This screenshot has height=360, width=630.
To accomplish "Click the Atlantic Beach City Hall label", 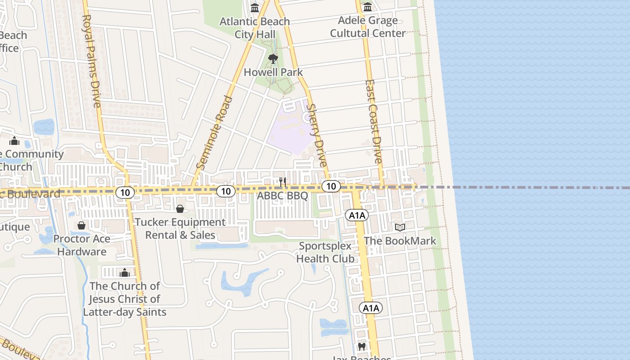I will (255, 27).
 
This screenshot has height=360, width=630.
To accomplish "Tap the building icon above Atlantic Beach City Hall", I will (255, 8).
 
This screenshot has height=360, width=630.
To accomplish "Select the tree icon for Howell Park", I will (273, 58).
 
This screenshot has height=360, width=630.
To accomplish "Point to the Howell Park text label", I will (273, 72).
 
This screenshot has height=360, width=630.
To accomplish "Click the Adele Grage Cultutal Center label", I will (368, 27).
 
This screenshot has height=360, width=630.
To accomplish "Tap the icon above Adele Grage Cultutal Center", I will (368, 7).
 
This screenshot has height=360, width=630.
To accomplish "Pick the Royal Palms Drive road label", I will (91, 61).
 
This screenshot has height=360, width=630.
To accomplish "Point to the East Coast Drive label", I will (373, 121).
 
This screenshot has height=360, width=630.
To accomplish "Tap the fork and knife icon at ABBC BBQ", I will (283, 182).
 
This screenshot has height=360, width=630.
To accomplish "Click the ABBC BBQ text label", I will (282, 196).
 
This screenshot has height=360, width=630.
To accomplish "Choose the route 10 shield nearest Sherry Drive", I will (331, 186).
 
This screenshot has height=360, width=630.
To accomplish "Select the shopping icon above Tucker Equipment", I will (180, 209).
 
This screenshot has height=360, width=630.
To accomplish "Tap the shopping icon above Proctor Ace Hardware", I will (81, 225).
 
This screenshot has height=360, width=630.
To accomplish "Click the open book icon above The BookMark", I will (400, 227).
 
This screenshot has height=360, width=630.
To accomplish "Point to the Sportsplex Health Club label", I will (325, 252).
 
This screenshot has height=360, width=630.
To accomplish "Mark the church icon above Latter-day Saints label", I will (125, 273).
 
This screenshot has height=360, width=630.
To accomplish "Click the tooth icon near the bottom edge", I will (361, 347).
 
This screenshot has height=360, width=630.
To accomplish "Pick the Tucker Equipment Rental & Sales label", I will (180, 229).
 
